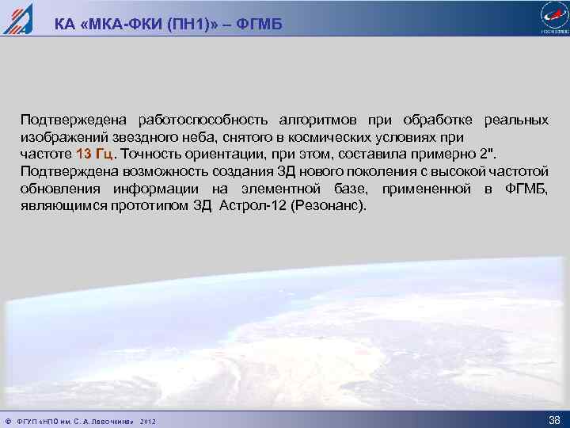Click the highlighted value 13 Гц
[x=95, y=154]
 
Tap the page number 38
[x=554, y=419]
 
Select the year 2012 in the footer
[x=148, y=421]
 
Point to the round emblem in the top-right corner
[x=553, y=17]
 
